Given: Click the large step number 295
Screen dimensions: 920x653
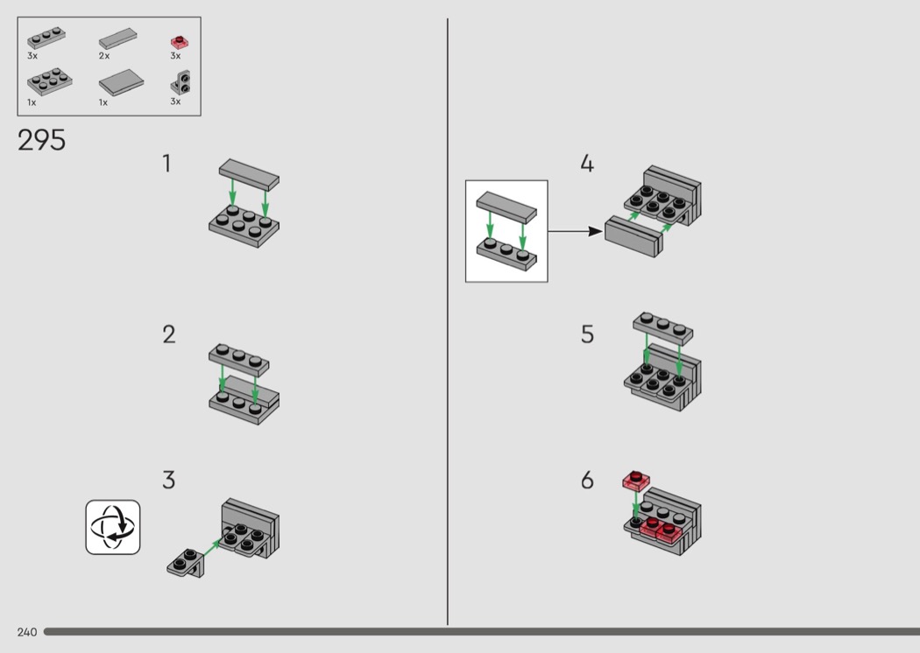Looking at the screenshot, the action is [x=42, y=140].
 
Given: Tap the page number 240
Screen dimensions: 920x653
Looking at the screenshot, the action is [x=27, y=632].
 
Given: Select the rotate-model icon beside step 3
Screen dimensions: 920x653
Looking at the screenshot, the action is [x=113, y=527].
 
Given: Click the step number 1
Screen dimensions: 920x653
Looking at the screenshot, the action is [x=167, y=164].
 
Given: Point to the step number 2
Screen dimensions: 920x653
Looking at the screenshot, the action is [x=169, y=334].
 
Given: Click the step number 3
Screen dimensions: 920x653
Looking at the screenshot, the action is [x=169, y=480].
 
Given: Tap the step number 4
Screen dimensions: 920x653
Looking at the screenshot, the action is [x=587, y=164].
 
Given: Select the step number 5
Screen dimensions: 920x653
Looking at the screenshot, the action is [x=587, y=334].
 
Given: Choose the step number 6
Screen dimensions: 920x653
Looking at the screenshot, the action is [x=587, y=480].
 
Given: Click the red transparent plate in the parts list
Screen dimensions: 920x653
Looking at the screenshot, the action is [x=180, y=42].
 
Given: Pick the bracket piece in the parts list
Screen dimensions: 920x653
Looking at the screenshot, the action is [x=180, y=82].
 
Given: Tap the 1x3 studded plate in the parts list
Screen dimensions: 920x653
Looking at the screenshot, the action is [x=46, y=38].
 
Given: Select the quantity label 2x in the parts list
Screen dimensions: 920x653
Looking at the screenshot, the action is [x=104, y=56].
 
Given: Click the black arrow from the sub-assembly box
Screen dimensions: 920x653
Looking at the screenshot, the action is [x=575, y=232].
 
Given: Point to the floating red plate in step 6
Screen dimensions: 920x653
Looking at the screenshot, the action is [x=636, y=481].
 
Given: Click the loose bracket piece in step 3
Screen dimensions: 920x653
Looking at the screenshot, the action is [x=186, y=564].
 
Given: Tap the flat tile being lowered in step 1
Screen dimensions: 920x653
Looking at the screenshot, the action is [x=250, y=174].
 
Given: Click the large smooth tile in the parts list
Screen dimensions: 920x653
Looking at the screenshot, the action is [x=122, y=82].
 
